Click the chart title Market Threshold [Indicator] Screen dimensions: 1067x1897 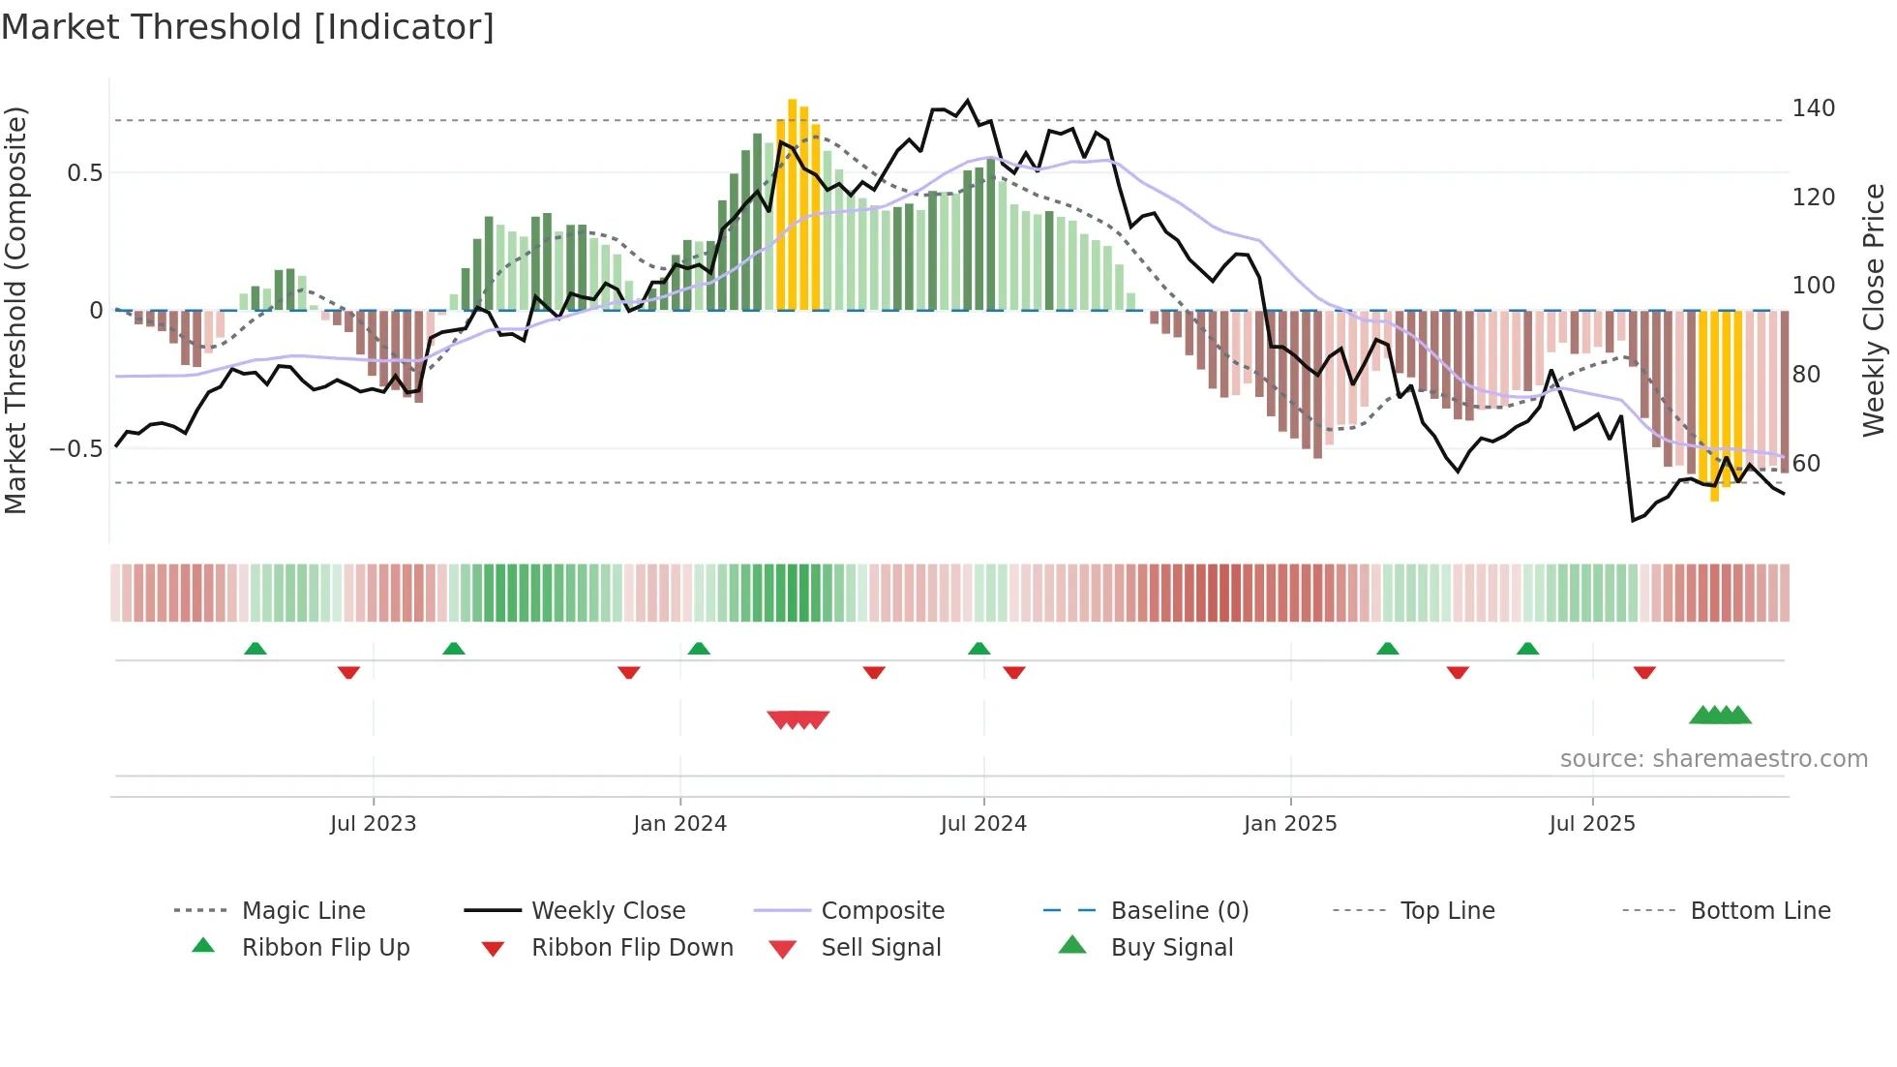point(248,27)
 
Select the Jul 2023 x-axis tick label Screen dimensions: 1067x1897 point(373,824)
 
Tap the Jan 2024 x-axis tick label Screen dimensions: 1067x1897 point(679,824)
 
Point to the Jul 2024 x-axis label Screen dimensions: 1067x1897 point(983,824)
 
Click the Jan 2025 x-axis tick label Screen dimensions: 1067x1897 point(1290,824)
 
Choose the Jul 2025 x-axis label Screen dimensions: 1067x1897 point(1592,824)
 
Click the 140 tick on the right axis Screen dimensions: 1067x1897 point(1813,108)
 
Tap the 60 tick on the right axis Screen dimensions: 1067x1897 point(1806,464)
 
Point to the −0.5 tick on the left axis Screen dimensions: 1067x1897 point(75,449)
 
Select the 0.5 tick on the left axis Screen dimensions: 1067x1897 point(84,173)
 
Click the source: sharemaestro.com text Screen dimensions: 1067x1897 point(1713,759)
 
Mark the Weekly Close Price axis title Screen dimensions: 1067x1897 point(1874,310)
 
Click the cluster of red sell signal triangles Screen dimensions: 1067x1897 point(798,719)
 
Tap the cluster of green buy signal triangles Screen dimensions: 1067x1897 point(1720,716)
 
